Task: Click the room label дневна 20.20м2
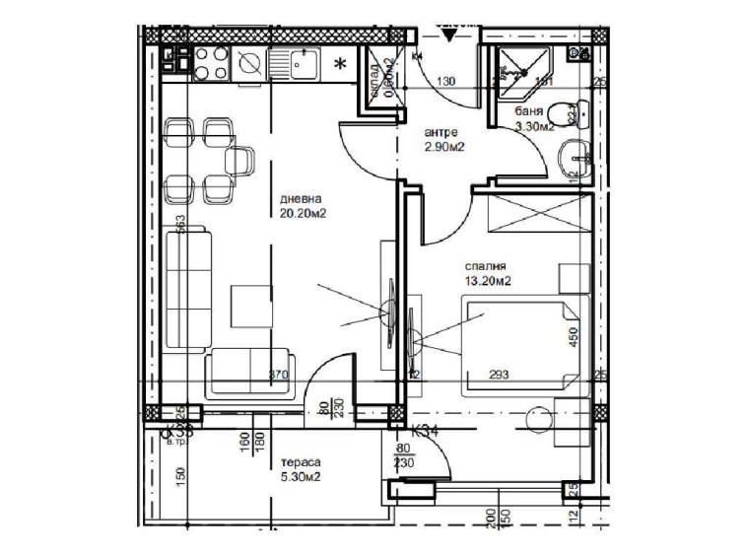pos(303,203)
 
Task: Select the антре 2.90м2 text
pos(444,139)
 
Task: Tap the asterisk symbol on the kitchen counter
pos(341,65)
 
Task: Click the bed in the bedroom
pos(522,345)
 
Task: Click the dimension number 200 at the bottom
pos(490,516)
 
